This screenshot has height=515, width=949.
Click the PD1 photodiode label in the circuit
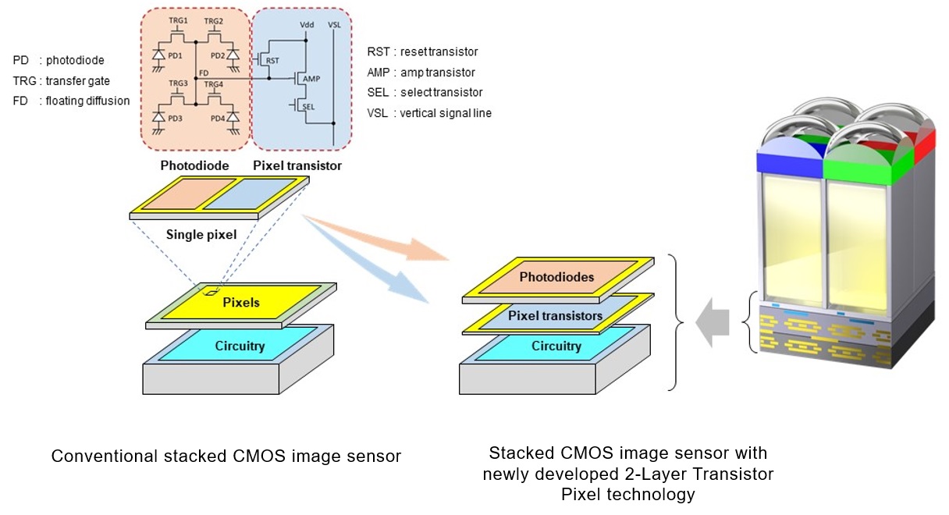(x=174, y=55)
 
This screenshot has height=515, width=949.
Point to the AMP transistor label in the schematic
(x=311, y=79)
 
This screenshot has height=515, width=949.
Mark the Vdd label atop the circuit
(x=308, y=25)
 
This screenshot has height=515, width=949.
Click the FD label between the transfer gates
(x=204, y=72)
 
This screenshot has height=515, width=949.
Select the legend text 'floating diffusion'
(x=87, y=101)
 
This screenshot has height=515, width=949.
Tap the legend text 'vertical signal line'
(x=445, y=113)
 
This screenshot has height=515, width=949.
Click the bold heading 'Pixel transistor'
(x=297, y=165)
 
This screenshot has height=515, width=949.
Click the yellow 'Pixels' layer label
(x=241, y=301)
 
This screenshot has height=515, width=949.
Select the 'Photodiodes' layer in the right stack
(x=556, y=277)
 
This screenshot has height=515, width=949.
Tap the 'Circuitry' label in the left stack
(x=240, y=345)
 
